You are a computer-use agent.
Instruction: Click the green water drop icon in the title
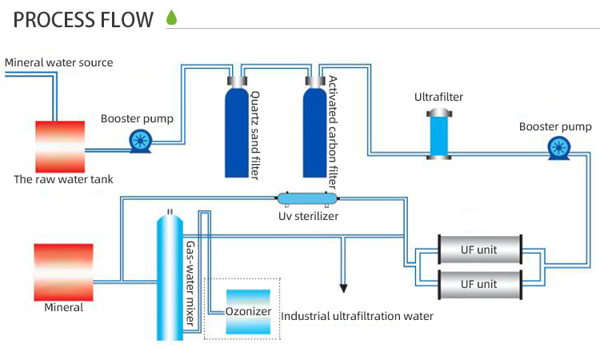[171, 17]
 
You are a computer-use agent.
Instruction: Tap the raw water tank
[60, 145]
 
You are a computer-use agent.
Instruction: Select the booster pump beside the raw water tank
[142, 142]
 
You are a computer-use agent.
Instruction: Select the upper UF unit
[478, 250]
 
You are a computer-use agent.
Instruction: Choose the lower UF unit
[478, 283]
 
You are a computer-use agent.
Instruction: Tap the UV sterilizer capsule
[308, 198]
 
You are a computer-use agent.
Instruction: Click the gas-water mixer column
[170, 276]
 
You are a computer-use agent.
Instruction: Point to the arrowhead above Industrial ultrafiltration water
[345, 287]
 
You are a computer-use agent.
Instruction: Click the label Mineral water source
[59, 62]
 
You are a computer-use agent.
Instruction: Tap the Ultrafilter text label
[438, 98]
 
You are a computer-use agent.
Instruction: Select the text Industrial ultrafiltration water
[357, 316]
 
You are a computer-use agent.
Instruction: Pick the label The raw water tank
[64, 179]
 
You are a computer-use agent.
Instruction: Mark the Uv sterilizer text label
[308, 216]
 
